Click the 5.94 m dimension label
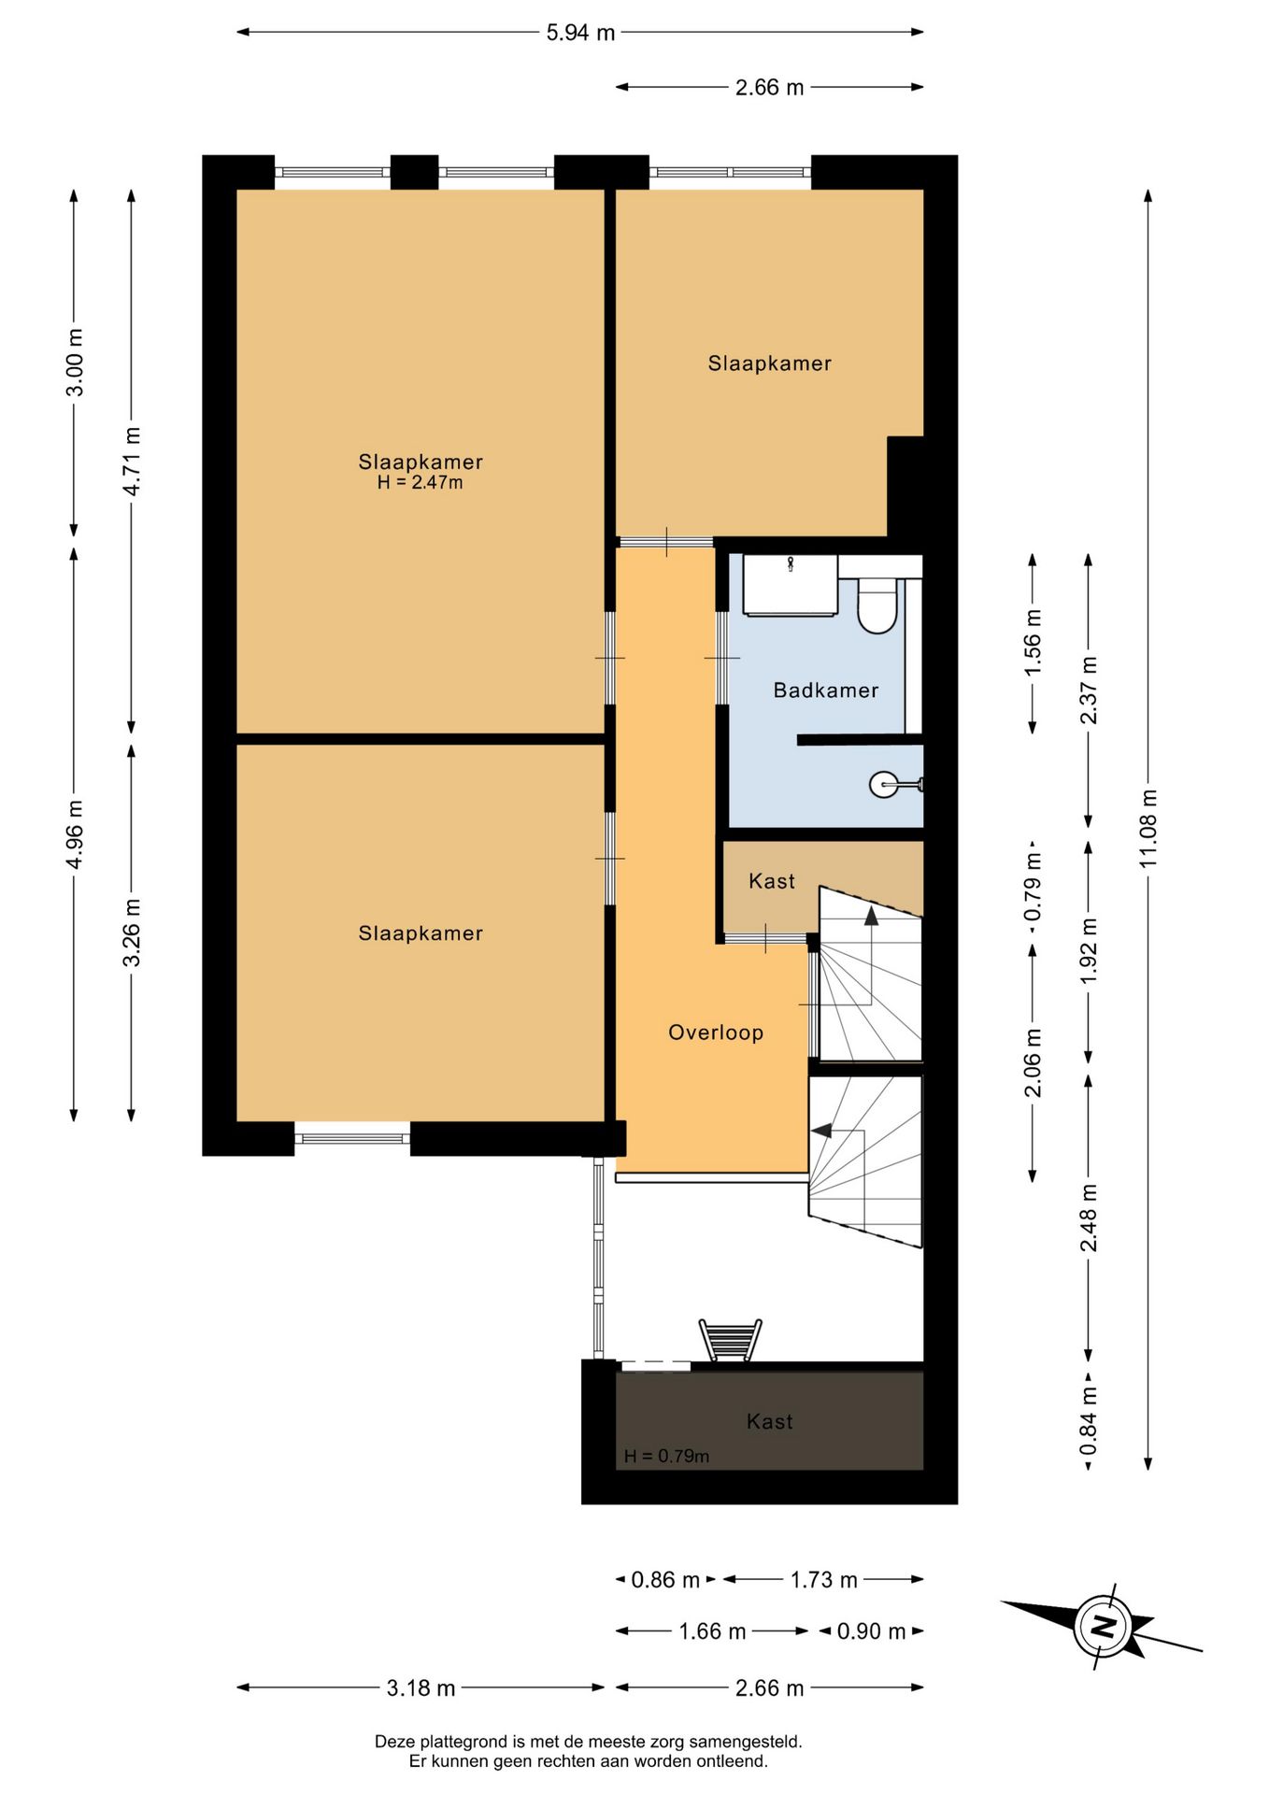coord(580,33)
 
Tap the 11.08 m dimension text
coord(1148,828)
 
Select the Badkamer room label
coord(826,691)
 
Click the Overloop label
coord(716,1032)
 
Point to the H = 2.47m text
coord(420,483)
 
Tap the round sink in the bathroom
coord(884,785)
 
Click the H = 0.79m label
coord(666,1457)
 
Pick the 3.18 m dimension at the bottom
coord(421,1688)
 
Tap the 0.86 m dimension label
coord(665,1580)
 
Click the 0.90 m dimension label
coord(871,1631)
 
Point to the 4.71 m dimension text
coord(132,462)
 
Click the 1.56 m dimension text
coord(1033,643)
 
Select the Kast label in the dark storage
coord(769,1421)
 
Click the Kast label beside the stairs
coord(772,881)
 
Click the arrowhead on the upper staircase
coord(871,917)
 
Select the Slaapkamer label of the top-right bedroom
coord(769,363)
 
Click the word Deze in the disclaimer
coord(394,1742)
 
